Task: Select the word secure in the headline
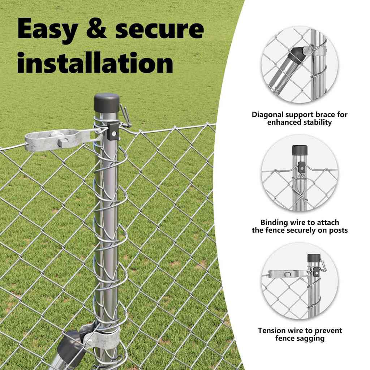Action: coord(159,29)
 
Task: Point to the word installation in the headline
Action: coord(95,62)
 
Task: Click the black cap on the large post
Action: coord(107,103)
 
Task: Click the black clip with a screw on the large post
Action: coord(113,131)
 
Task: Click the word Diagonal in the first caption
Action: coord(268,115)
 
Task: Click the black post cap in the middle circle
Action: coord(300,150)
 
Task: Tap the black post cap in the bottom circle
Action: coord(314,258)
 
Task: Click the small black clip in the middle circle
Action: coord(301,167)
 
